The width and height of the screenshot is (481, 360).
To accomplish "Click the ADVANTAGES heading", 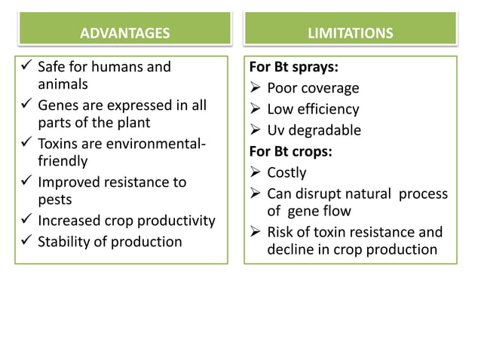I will (x=124, y=32).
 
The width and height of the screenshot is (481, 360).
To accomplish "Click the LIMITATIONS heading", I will (x=350, y=32).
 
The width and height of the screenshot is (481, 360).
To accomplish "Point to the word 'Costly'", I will (x=286, y=172).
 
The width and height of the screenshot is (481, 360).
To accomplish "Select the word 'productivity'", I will (x=179, y=221).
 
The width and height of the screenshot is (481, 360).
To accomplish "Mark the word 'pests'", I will (x=55, y=200).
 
